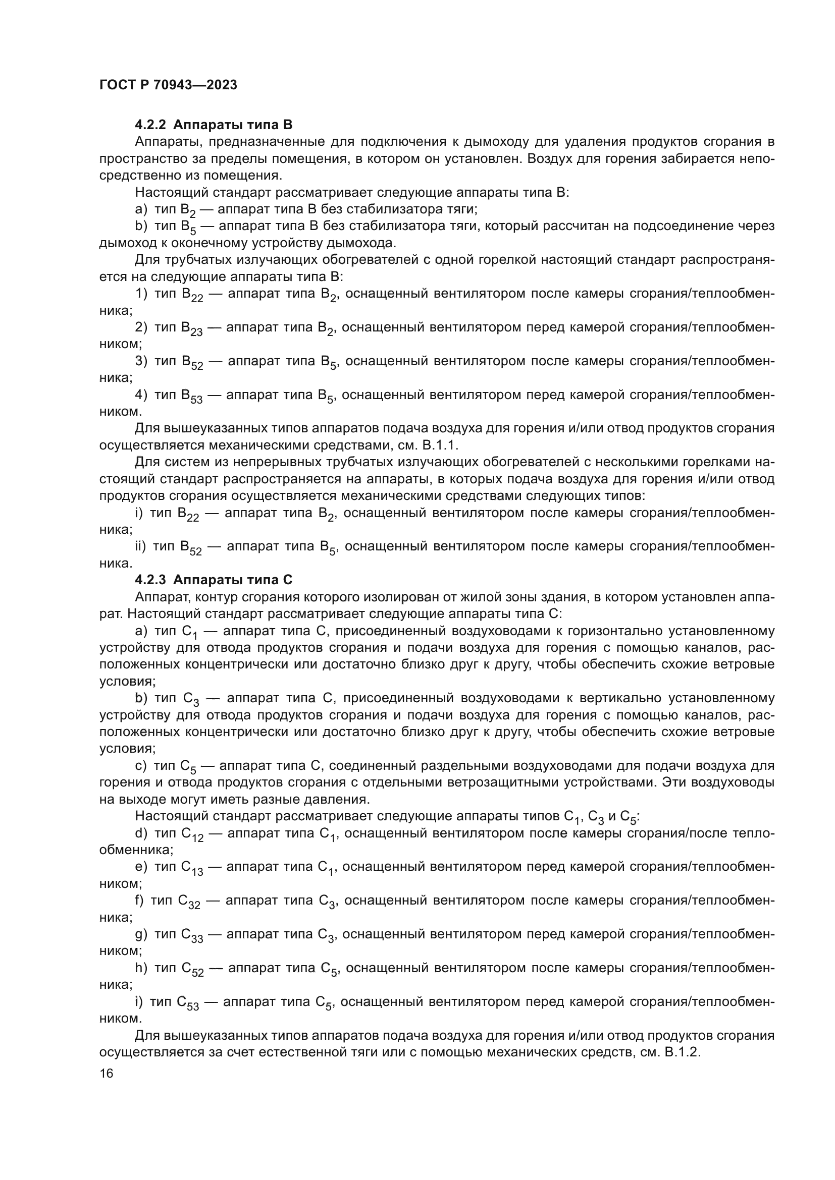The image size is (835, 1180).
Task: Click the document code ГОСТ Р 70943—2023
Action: click(x=168, y=85)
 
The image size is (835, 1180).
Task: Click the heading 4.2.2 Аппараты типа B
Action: click(x=214, y=125)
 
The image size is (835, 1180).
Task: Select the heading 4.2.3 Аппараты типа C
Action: click(x=214, y=580)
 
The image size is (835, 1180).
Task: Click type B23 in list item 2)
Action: click(x=191, y=328)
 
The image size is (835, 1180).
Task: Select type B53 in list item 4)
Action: click(x=191, y=396)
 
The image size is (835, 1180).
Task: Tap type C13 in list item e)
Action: click(x=191, y=868)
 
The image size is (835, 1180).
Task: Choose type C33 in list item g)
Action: click(x=191, y=935)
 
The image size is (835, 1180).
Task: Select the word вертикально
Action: click(x=619, y=698)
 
